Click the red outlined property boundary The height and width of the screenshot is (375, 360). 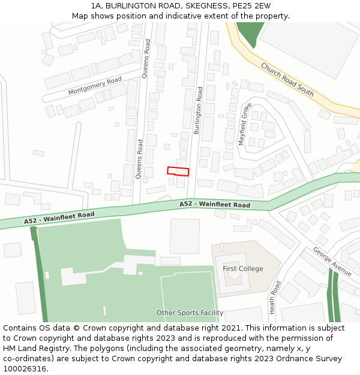point(178,171)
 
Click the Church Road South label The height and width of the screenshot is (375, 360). point(287,79)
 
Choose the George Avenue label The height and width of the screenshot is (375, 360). point(332,261)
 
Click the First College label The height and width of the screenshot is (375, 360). point(243,268)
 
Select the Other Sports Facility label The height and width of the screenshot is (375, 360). point(190,313)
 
